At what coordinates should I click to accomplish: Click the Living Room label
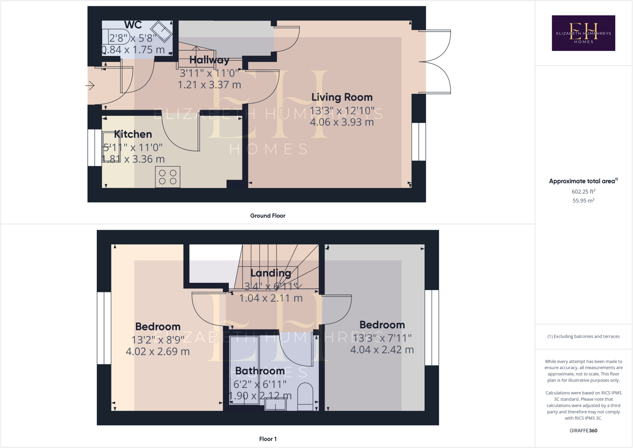pyautogui.click(x=342, y=97)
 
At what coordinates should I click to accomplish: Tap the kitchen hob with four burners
pyautogui.click(x=168, y=177)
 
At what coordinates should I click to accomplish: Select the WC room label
pyautogui.click(x=133, y=25)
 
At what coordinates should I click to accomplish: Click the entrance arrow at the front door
pyautogui.click(x=90, y=85)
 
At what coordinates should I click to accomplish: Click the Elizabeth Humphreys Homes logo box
pyautogui.click(x=583, y=33)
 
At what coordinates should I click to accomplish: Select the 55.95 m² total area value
pyautogui.click(x=583, y=201)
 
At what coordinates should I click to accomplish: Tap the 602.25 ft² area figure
pyautogui.click(x=583, y=191)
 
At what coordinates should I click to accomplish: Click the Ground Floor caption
pyautogui.click(x=268, y=216)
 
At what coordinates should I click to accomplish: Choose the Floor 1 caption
pyautogui.click(x=268, y=439)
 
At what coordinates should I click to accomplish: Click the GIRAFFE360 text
pyautogui.click(x=583, y=431)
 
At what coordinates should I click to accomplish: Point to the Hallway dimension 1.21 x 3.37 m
pyautogui.click(x=209, y=85)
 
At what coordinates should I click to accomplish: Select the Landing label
pyautogui.click(x=270, y=273)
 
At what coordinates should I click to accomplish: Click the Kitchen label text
pyautogui.click(x=133, y=134)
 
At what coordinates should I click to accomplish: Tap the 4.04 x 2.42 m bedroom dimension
pyautogui.click(x=382, y=350)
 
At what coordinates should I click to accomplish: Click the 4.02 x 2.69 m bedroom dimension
pyautogui.click(x=158, y=352)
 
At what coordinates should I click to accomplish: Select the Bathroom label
pyautogui.click(x=260, y=371)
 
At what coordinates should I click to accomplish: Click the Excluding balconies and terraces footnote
pyautogui.click(x=583, y=336)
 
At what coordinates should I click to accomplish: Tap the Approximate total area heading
pyautogui.click(x=582, y=181)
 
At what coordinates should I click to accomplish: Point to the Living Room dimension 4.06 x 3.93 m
pyautogui.click(x=342, y=122)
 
